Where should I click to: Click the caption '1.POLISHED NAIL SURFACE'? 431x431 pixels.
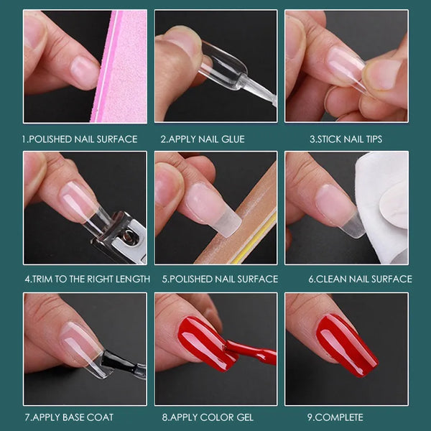click(x=79, y=139)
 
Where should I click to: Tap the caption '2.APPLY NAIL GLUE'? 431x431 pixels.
click(x=202, y=139)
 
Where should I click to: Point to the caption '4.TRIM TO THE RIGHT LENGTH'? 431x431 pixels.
click(x=87, y=279)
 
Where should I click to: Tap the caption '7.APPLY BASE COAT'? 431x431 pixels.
click(x=68, y=417)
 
